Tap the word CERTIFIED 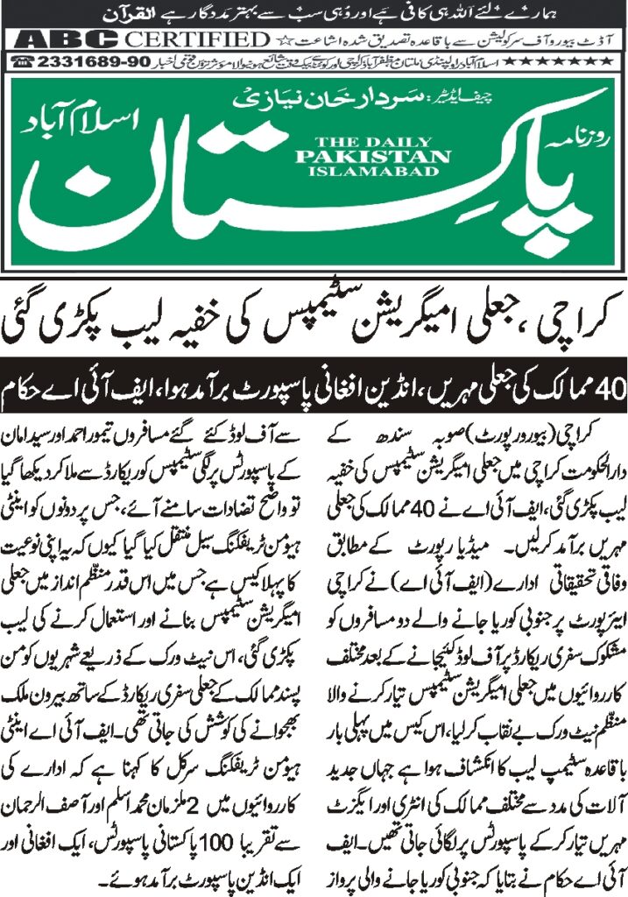pos(197,40)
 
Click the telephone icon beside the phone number pos(23,61)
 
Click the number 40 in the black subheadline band pos(602,386)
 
